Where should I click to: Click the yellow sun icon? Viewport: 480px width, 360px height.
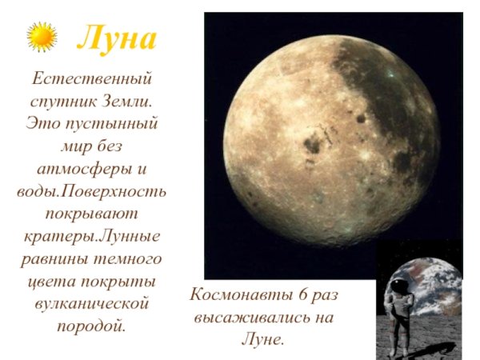pos(42,37)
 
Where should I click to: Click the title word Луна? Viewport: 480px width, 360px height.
pos(117,38)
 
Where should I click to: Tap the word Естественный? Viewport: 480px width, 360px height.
pos(90,80)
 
